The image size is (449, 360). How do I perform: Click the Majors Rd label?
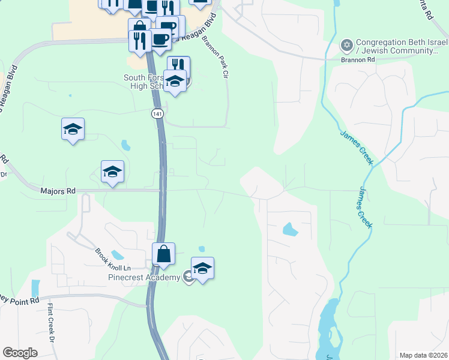58,191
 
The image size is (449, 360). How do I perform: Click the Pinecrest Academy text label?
143,277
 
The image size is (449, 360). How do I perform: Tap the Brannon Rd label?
358,60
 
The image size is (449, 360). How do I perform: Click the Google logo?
20,353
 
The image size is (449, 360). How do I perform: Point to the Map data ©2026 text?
424,355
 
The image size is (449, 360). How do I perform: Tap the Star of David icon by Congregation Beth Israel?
346,45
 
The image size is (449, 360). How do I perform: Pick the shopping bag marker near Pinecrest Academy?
164,255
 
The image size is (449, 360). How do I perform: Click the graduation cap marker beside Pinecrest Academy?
203,269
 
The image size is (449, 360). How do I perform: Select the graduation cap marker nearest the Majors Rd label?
112,172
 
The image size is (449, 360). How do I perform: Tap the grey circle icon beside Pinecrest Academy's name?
188,277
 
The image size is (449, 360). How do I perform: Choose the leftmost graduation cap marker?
73,129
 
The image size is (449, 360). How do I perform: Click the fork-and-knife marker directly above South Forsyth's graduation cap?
178,65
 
